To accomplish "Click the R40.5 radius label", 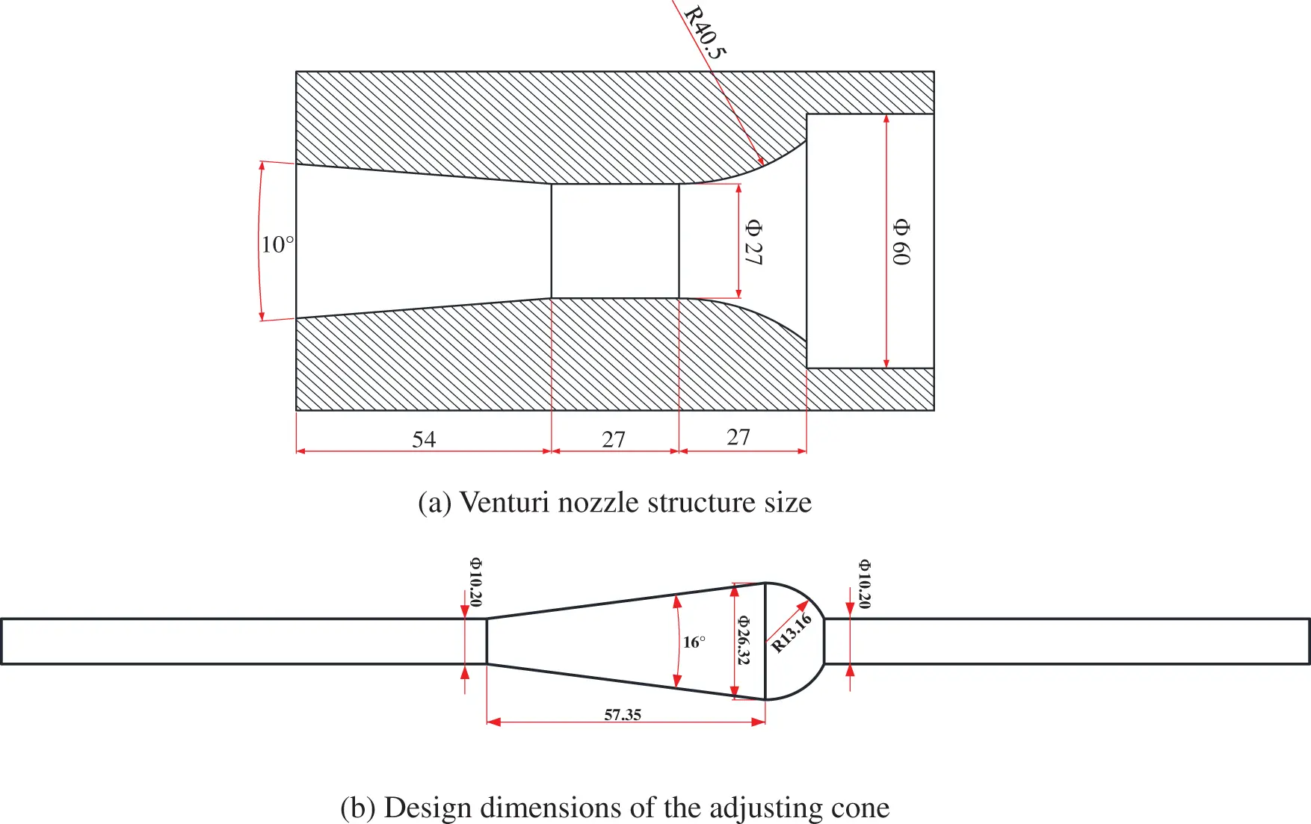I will coord(705,32).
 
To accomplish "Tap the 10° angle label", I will coord(277,244).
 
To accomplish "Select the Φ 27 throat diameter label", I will coord(753,243).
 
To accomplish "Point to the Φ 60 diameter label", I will coord(901,242).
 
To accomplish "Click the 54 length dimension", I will coord(424,439).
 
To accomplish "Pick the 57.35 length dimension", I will coord(623,715).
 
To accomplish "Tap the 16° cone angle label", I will coord(694,642).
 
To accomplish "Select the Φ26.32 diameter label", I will coord(744,640).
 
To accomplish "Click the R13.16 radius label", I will coord(792,633).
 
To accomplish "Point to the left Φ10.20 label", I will coord(476,582).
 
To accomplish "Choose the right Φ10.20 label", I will coord(864,583).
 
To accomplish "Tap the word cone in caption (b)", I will coord(863,808).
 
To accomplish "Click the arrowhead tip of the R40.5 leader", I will coord(762,164).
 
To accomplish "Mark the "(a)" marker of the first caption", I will coord(434,503).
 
